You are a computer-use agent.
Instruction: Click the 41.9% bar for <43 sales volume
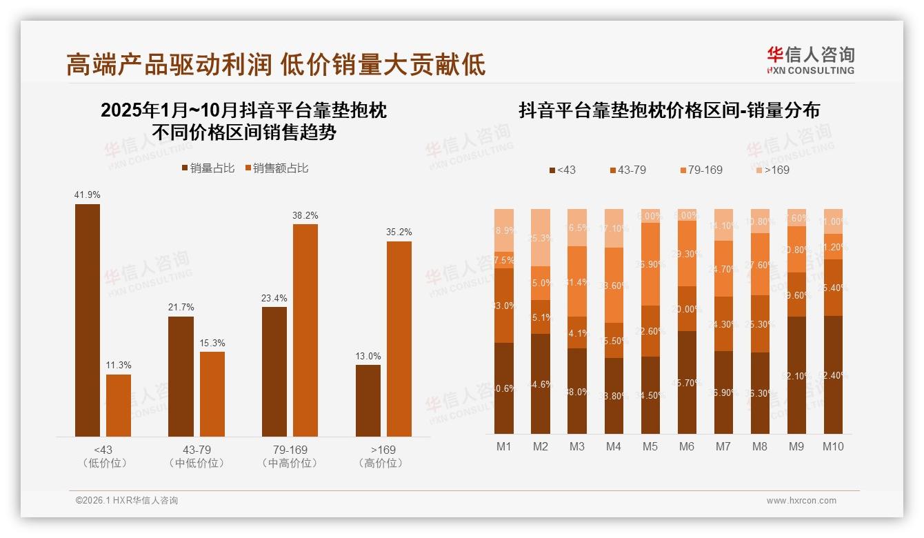coord(88,320)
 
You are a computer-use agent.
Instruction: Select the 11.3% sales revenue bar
coord(119,406)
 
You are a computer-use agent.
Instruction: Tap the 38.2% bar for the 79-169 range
coord(305,330)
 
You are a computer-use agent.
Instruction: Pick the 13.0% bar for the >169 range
coord(368,400)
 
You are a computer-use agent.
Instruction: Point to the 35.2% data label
coord(400,232)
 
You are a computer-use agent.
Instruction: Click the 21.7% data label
coord(181,307)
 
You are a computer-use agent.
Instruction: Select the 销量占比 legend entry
coord(208,168)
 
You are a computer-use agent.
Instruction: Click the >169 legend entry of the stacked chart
coord(772,170)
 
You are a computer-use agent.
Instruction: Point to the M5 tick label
coord(650,446)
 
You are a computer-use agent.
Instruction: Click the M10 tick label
coord(833,446)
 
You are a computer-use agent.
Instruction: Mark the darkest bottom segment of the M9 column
coord(796,375)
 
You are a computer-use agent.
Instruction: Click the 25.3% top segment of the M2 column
coord(541,237)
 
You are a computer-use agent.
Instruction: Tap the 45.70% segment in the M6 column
coord(687,382)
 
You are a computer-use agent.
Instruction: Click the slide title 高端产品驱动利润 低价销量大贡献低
coord(276,64)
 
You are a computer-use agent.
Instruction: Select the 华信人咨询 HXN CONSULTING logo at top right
coord(810,60)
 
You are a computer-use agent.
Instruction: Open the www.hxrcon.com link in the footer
coord(801,501)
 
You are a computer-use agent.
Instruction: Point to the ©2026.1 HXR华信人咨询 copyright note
coord(127,501)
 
